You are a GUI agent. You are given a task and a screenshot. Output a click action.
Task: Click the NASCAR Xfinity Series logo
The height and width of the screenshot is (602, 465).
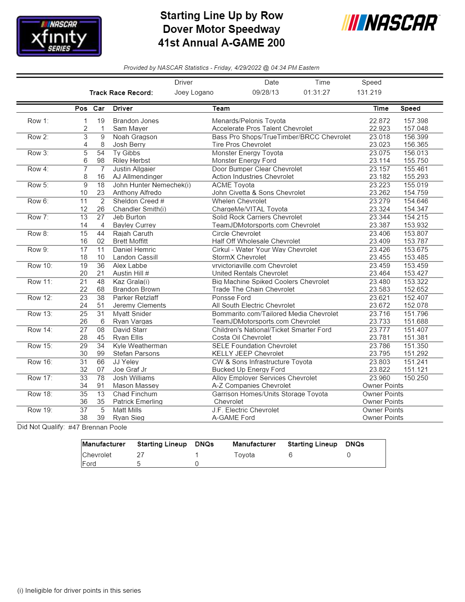(59, 36)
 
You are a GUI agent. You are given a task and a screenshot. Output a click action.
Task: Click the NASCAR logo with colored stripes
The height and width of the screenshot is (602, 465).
(390, 23)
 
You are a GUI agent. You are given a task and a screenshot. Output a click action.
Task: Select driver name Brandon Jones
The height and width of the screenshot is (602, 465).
(135, 121)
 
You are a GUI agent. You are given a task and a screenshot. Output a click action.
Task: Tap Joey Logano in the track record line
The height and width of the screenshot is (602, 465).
(194, 92)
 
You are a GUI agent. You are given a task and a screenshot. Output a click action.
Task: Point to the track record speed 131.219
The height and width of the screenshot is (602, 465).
(369, 92)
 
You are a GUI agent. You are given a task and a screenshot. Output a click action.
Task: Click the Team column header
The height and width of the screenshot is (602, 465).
(221, 108)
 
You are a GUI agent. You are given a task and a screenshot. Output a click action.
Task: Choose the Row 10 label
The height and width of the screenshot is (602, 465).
(40, 266)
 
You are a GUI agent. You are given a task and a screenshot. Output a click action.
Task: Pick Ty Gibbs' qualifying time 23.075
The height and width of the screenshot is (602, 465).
(379, 153)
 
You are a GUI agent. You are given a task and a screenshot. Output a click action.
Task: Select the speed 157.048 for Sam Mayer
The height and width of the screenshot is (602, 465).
(416, 128)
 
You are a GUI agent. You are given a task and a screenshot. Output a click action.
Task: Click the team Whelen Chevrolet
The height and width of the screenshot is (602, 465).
(239, 201)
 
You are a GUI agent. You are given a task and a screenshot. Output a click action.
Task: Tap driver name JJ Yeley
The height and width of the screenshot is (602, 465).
(125, 362)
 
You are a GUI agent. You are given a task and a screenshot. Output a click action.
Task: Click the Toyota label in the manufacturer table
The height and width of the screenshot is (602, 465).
(244, 455)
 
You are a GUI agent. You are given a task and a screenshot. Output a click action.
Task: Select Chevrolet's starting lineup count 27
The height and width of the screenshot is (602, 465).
(140, 455)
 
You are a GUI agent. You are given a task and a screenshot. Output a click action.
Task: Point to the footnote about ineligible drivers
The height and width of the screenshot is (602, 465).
(79, 590)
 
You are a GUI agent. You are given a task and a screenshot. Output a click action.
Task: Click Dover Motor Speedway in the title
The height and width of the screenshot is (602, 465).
(221, 29)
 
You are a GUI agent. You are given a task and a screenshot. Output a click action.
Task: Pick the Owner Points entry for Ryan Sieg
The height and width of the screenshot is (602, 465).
(383, 418)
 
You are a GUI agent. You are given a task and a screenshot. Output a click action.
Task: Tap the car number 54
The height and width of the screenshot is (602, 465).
(101, 153)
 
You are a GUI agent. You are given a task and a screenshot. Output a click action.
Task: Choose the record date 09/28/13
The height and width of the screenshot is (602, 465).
(265, 92)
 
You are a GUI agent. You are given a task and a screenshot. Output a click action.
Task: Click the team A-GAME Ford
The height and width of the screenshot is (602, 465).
(233, 418)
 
